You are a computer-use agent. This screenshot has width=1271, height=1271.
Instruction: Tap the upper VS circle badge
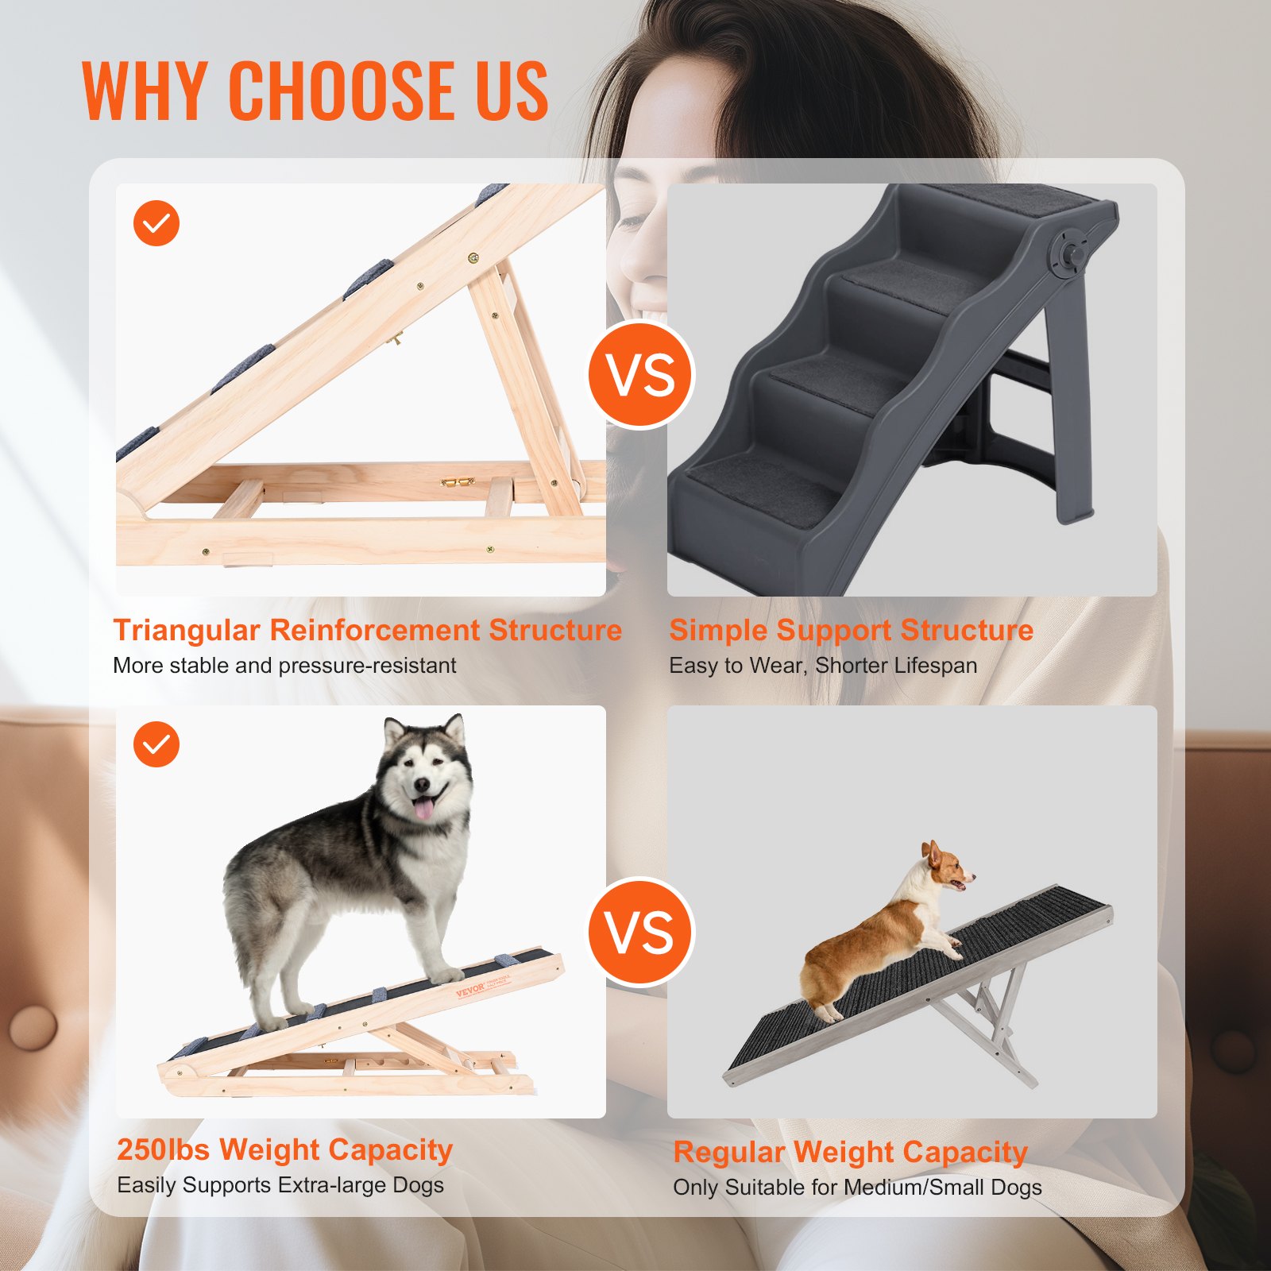point(641,375)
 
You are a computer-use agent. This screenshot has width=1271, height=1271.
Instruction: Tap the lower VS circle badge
point(641,932)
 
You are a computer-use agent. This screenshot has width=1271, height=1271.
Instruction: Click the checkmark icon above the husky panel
point(156,744)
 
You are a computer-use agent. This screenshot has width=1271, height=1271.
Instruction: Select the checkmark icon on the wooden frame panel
point(156,223)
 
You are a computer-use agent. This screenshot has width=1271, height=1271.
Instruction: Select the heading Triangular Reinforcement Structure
point(367,630)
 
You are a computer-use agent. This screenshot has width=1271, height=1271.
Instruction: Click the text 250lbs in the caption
point(164,1149)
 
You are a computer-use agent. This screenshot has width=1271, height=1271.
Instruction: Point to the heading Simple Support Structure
point(851,630)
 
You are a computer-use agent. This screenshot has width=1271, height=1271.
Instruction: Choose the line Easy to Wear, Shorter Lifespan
point(823,666)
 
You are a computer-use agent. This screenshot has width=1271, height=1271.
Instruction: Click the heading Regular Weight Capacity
point(850,1152)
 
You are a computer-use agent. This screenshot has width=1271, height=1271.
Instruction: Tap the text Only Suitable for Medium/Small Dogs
point(857,1188)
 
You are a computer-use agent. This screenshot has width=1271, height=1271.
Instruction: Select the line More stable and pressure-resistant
point(284,666)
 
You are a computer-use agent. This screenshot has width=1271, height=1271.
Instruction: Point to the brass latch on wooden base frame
point(458,481)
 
